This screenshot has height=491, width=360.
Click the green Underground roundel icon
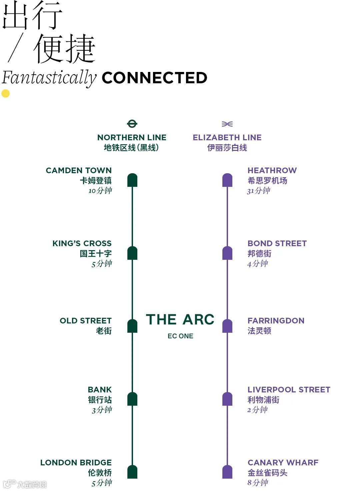[132, 124]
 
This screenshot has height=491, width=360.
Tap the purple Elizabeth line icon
[227, 124]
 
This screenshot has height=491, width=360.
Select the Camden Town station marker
[132, 180]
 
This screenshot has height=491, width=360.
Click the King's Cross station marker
[132, 253]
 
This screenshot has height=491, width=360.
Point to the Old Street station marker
[132, 326]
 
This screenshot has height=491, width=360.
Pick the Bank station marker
[132, 399]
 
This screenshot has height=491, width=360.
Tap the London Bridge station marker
[132, 472]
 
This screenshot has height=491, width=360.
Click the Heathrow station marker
[227, 180]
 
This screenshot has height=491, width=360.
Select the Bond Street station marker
[227, 253]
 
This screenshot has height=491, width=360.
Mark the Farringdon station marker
[227, 326]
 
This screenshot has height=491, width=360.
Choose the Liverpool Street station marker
[227, 399]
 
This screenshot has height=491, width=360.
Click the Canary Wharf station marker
[227, 472]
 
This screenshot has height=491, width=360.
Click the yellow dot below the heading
[6, 94]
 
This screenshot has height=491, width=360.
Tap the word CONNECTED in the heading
[154, 78]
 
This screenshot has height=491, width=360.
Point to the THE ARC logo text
[180, 319]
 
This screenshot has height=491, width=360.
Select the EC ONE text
[180, 336]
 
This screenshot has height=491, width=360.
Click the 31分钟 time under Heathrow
[259, 191]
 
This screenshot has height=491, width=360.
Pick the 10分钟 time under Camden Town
[100, 191]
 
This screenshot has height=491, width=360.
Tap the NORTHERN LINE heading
[132, 138]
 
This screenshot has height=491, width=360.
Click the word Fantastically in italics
[49, 78]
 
